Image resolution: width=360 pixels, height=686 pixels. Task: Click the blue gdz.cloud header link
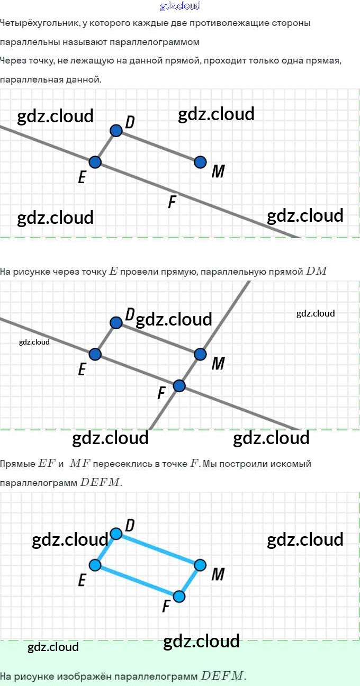[x=180, y=6]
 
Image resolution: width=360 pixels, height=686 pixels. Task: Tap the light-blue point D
[x=116, y=534]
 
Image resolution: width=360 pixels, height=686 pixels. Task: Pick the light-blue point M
[x=200, y=565]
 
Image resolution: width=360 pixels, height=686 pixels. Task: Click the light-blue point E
[x=95, y=565]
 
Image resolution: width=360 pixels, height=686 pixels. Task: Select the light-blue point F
[x=179, y=597]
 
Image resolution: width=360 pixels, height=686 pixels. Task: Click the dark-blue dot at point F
[x=179, y=385]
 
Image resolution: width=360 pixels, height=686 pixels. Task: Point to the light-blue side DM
[x=158, y=549]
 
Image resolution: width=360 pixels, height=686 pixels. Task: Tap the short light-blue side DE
[x=105, y=549]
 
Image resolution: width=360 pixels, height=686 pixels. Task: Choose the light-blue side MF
[x=190, y=581]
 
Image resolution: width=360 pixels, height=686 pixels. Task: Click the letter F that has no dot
[x=172, y=202]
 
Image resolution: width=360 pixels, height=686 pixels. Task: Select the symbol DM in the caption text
[x=317, y=272]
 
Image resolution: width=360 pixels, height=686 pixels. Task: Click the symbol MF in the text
[x=80, y=464]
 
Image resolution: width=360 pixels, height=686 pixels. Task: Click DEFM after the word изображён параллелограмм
[x=222, y=676]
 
